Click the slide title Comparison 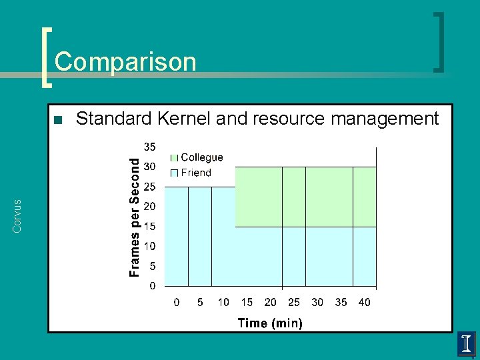125,62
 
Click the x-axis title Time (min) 270,323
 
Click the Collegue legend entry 202,158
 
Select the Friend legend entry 196,173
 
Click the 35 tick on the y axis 150,147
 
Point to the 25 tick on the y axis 150,187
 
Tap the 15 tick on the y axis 150,227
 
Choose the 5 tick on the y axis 153,266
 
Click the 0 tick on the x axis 177,303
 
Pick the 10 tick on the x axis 223,303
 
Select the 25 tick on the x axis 294,303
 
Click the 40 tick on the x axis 364,303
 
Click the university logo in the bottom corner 465,343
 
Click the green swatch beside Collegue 175,158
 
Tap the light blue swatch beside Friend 175,173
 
